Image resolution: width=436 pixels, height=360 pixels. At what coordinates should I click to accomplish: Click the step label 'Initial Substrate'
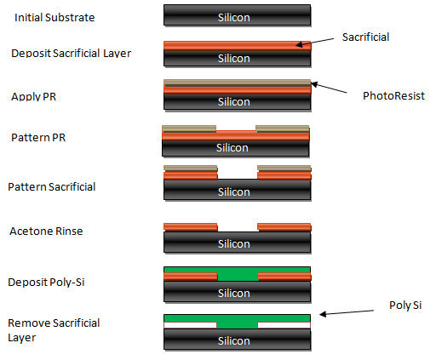54,18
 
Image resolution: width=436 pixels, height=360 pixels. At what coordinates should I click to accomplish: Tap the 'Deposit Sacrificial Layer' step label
71,53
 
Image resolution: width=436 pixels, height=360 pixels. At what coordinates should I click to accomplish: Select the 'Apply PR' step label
33,97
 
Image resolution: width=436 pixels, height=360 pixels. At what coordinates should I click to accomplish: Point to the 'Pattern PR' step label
38,138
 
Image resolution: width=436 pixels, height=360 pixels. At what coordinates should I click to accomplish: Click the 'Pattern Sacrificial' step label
52,187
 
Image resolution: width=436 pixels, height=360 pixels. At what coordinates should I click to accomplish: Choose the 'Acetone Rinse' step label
46,231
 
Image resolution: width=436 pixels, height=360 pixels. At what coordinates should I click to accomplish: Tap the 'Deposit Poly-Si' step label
46,283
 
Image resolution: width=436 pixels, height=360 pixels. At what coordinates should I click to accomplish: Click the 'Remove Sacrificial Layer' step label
54,330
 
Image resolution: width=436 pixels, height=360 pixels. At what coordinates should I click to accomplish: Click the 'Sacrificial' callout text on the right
365,37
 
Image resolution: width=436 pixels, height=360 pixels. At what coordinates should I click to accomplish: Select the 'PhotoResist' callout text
393,96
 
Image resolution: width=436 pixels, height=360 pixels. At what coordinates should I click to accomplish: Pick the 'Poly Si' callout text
405,306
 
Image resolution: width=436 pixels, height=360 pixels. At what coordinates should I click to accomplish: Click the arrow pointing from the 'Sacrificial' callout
315,42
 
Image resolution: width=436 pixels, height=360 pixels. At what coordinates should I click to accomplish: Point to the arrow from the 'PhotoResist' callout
329,88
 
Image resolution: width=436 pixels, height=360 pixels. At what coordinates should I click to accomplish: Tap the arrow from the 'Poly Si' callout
347,312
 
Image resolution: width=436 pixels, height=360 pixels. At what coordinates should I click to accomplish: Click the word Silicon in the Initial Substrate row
234,18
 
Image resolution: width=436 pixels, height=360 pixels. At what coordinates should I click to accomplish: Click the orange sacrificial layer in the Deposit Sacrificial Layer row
238,45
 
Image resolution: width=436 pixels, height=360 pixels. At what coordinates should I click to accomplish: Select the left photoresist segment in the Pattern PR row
189,129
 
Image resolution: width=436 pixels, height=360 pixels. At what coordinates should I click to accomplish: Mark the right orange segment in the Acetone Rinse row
284,227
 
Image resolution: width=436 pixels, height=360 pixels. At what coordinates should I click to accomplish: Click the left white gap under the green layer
191,325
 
